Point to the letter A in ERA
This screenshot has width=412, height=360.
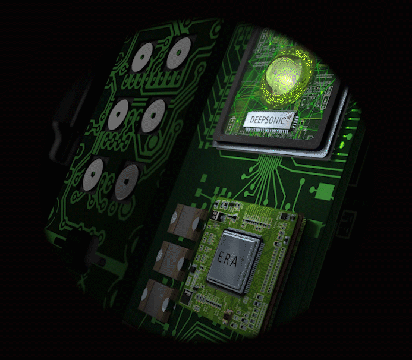233,261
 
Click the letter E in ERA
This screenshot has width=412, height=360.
220,257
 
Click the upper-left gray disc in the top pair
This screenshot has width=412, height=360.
142,57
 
